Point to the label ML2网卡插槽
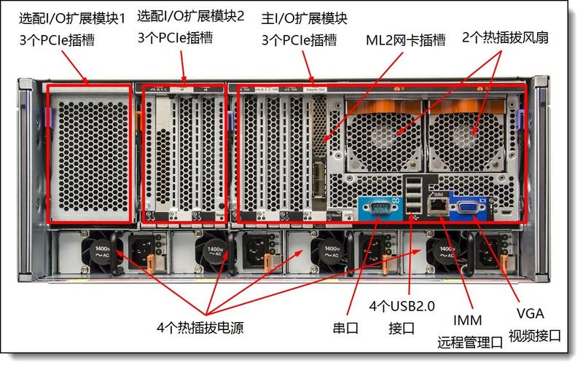click(x=405, y=41)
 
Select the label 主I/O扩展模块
click(x=314, y=16)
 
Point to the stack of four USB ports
click(x=413, y=197)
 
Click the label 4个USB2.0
click(x=402, y=306)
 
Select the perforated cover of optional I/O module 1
click(x=89, y=154)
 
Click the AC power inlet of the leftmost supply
click(x=141, y=251)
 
